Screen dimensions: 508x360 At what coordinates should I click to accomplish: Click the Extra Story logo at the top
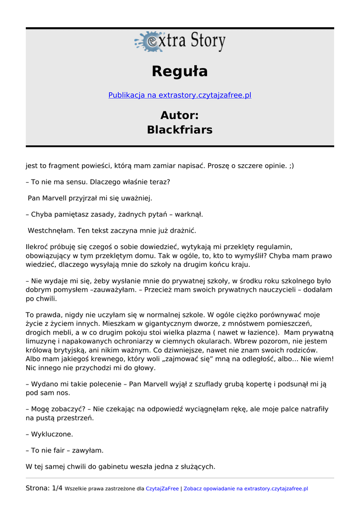point(180,42)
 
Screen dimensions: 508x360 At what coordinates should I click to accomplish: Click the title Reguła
point(180,71)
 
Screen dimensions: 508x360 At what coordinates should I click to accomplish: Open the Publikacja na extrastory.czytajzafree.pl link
point(180,95)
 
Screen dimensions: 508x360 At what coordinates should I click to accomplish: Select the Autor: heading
point(180,116)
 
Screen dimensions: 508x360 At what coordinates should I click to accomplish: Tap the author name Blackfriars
point(180,130)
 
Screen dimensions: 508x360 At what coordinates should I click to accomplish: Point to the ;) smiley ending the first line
point(290,166)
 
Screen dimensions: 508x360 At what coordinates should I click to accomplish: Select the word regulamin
point(273,247)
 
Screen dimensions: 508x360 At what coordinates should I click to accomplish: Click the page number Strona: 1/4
point(44,488)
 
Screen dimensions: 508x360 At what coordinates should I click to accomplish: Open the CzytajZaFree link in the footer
point(162,489)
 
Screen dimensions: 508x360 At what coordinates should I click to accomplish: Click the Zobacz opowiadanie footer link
point(246,489)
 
